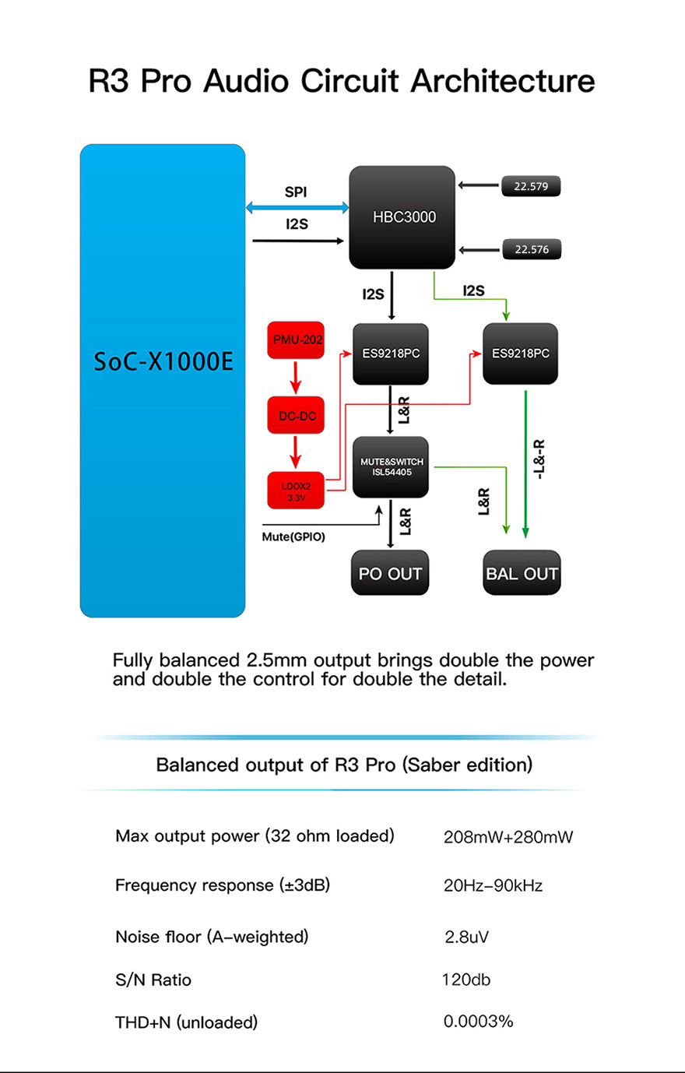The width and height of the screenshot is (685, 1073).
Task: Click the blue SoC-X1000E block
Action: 162,380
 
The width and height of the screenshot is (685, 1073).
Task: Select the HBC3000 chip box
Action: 402,217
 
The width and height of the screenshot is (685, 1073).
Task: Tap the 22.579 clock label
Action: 531,187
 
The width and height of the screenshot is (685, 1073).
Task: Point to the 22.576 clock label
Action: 531,249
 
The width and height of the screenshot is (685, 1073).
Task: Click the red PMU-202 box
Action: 296,340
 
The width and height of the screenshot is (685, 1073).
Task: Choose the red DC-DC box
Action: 296,416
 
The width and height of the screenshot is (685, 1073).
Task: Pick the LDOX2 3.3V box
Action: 296,491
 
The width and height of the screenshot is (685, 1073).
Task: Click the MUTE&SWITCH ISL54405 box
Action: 391,467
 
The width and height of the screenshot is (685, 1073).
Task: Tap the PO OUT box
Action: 390,573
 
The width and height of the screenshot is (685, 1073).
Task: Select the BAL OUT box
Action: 522,573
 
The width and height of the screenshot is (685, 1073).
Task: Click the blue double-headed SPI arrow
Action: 297,207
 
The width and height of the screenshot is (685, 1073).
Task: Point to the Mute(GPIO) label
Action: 293,537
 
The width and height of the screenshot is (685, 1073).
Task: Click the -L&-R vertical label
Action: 539,459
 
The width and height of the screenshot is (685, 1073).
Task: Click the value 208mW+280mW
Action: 508,838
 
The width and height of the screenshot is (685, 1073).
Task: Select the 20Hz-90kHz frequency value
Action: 493,886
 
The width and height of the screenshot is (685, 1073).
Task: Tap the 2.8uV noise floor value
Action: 466,937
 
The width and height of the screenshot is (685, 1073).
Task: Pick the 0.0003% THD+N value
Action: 478,1022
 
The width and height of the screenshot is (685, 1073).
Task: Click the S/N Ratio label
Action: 153,980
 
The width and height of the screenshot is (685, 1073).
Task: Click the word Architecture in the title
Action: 503,81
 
